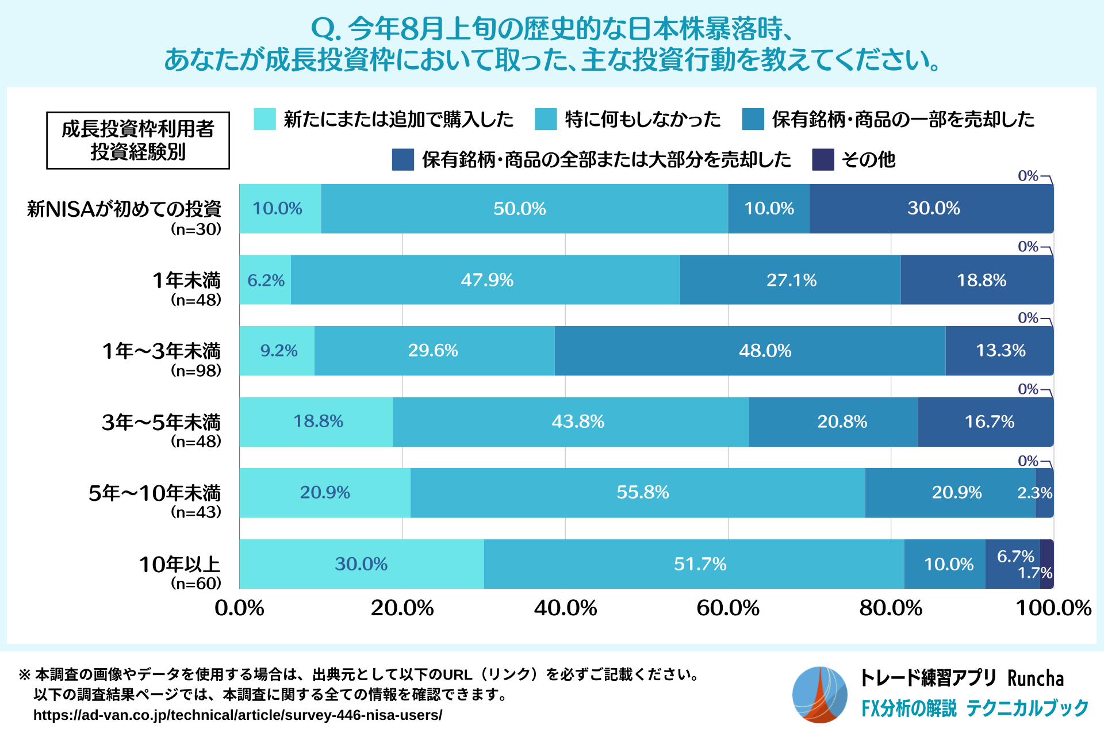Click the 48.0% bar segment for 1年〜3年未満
750,351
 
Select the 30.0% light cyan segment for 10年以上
361,564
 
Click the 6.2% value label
266,281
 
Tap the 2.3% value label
1034,493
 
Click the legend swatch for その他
823,160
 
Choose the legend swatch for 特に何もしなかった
546,119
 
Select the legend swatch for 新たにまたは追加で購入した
264,119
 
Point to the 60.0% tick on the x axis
728,608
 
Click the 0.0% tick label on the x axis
239,608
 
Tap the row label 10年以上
179,564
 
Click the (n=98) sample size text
195,370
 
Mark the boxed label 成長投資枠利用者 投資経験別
138,140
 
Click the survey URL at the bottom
237,715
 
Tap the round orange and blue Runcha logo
819,695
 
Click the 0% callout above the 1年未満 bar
1028,247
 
